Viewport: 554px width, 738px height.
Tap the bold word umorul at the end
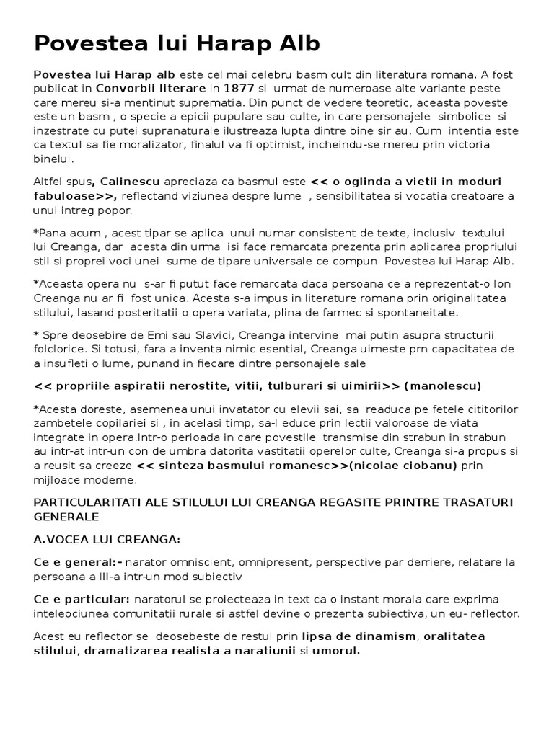[335, 651]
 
